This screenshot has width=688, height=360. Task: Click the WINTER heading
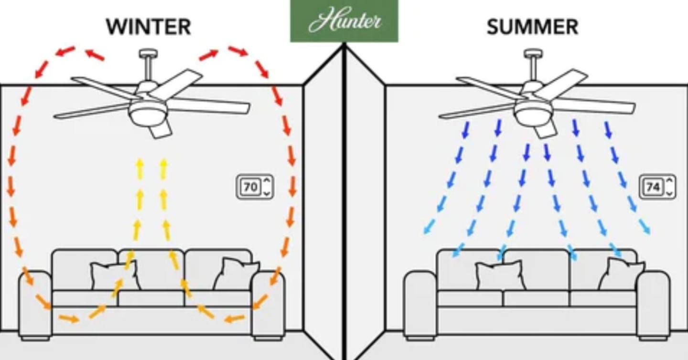click(149, 27)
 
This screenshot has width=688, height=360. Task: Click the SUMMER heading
click(533, 27)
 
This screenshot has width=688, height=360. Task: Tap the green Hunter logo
click(344, 21)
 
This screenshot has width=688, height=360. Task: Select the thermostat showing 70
click(255, 187)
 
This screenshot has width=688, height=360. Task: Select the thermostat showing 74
click(657, 187)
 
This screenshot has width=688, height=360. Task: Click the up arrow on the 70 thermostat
click(267, 180)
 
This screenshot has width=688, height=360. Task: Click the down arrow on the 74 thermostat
click(669, 194)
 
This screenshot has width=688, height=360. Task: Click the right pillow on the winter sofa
click(236, 274)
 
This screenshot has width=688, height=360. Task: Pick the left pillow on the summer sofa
click(500, 275)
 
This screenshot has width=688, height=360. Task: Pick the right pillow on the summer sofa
click(622, 274)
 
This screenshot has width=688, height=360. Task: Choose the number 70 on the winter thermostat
click(251, 187)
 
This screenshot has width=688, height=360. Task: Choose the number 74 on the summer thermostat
click(654, 187)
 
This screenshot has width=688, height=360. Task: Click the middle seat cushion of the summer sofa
click(536, 298)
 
